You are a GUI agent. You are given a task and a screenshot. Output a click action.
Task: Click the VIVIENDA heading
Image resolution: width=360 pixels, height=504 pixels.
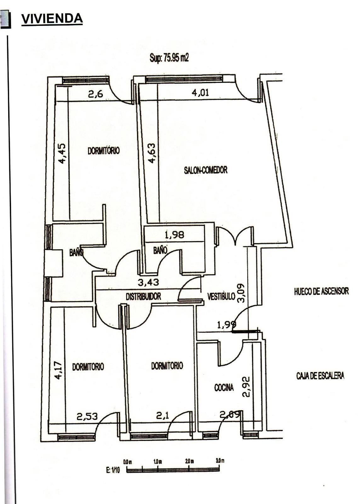pyautogui.click(x=52, y=19)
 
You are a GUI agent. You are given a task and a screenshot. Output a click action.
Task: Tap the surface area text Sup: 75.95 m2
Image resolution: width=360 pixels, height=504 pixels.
pyautogui.click(x=169, y=58)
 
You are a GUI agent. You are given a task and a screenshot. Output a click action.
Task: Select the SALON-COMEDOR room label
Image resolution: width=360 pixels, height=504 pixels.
pyautogui.click(x=206, y=170)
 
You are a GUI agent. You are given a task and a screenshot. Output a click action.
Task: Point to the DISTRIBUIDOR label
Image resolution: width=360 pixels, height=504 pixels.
pyautogui.click(x=143, y=296)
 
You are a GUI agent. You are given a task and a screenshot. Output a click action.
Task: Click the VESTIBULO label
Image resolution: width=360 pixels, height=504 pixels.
pyautogui.click(x=221, y=296)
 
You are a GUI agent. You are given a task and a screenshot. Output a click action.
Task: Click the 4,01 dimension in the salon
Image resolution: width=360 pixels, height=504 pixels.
pyautogui.click(x=200, y=93)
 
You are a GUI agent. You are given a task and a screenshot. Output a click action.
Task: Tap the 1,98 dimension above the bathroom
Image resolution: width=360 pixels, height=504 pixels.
pyautogui.click(x=174, y=235)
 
